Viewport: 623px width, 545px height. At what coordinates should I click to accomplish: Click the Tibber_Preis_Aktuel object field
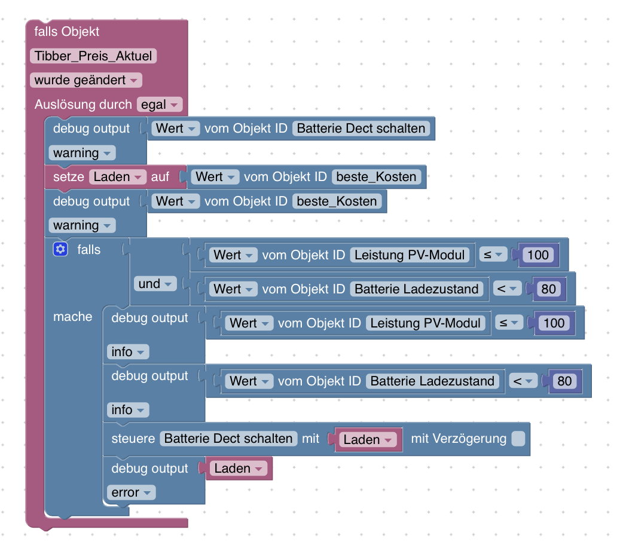(93, 56)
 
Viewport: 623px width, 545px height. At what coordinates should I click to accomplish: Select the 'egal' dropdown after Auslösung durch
(159, 105)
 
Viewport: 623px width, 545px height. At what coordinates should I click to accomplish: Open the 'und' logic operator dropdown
(155, 284)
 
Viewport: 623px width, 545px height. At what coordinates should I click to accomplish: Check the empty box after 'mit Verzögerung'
(518, 439)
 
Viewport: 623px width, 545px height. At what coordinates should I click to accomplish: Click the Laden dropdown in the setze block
(118, 177)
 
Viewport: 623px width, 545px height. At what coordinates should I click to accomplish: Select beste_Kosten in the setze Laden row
(377, 177)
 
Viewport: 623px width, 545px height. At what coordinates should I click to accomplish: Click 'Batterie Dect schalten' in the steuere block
(228, 439)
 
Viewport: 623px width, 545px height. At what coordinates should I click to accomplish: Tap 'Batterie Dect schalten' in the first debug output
(361, 128)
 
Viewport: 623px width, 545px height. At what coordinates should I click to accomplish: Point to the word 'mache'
(73, 317)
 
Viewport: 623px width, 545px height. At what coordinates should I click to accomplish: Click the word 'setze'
(69, 177)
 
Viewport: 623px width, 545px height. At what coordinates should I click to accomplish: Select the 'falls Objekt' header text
(67, 32)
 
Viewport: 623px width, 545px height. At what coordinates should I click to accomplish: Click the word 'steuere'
(133, 439)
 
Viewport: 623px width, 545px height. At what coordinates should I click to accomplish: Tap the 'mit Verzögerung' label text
(459, 439)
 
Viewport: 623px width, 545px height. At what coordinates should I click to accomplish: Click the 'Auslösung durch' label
(83, 105)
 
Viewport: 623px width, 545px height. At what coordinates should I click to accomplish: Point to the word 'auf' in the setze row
(160, 177)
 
